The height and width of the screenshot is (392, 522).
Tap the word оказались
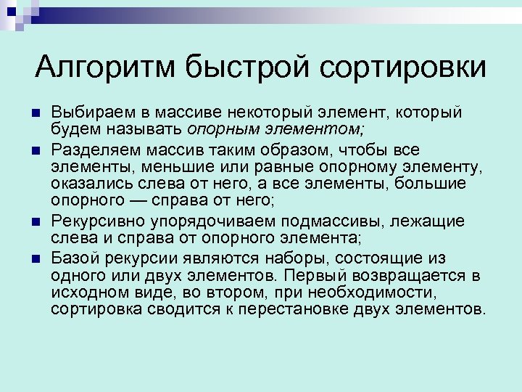88,184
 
